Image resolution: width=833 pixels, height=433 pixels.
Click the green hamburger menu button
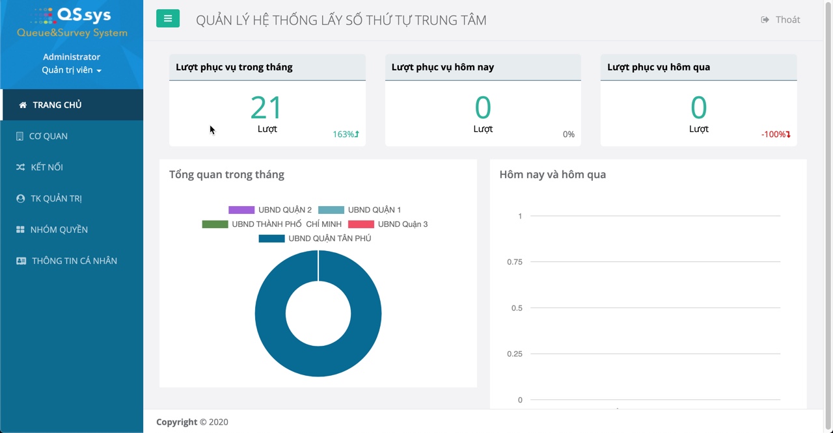click(x=167, y=19)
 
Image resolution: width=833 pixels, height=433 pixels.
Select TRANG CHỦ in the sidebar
click(x=57, y=105)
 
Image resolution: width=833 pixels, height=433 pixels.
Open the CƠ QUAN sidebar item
click(x=48, y=136)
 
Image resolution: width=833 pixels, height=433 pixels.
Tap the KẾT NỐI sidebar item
click(x=46, y=167)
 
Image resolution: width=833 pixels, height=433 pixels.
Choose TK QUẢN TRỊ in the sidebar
click(x=56, y=198)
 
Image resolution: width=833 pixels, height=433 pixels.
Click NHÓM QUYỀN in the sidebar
click(x=59, y=230)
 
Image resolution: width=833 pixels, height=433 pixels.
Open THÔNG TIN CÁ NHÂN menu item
click(x=74, y=261)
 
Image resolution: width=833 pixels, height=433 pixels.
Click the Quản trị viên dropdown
click(x=72, y=70)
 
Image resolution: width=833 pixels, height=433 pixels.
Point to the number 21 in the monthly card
click(x=267, y=108)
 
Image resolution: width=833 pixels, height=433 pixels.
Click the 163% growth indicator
click(x=346, y=135)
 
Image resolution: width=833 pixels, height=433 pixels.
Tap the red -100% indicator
click(x=776, y=135)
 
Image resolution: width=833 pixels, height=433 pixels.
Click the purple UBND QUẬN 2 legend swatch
click(x=241, y=210)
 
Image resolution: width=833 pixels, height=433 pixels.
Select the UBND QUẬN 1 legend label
click(x=374, y=210)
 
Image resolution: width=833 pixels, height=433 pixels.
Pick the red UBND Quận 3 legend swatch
click(x=361, y=224)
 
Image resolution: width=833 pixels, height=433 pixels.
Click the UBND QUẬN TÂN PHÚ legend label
click(x=329, y=239)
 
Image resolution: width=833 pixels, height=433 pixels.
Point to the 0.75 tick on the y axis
click(x=514, y=262)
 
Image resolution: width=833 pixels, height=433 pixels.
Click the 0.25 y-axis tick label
click(x=514, y=354)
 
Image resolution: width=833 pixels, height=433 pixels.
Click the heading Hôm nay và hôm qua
click(x=552, y=174)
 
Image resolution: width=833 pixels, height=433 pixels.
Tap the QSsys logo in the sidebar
click(x=72, y=22)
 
